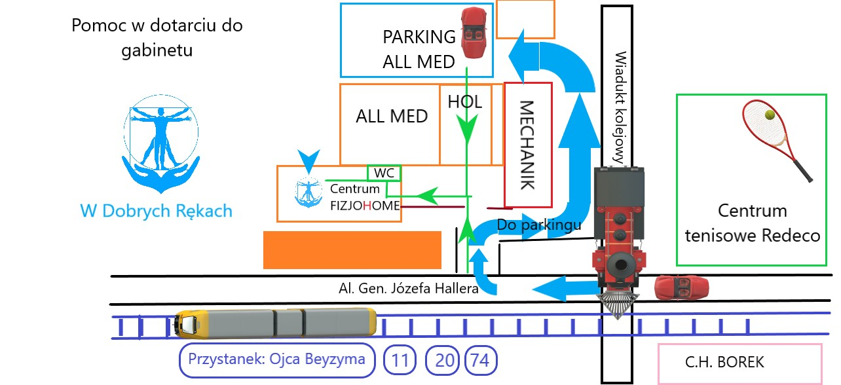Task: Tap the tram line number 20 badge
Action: tap(444, 360)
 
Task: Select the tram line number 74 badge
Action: tap(481, 360)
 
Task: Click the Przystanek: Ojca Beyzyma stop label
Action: tap(277, 359)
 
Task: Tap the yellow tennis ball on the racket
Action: tap(770, 115)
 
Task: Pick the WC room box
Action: tap(384, 173)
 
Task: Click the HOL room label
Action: tap(464, 101)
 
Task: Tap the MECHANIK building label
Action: tap(528, 145)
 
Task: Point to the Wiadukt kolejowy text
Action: tap(620, 108)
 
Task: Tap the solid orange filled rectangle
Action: tap(352, 249)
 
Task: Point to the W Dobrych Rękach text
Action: tap(156, 211)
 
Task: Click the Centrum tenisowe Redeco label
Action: tap(752, 223)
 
